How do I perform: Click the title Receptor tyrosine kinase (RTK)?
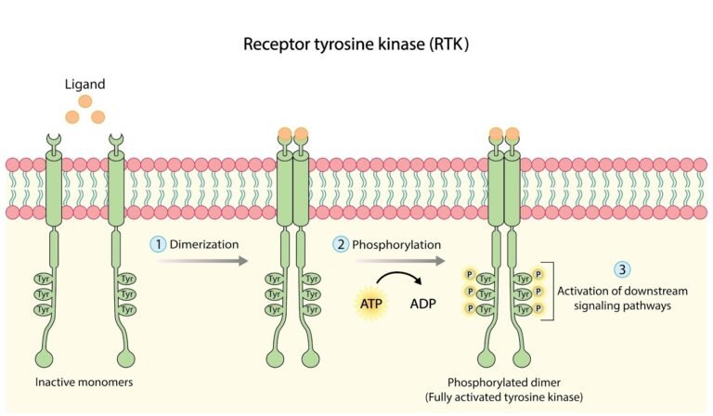(x=356, y=44)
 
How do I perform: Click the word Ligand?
(x=84, y=85)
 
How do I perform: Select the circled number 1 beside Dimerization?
(x=159, y=244)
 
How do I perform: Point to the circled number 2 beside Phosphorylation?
(x=341, y=244)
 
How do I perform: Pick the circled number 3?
(x=623, y=269)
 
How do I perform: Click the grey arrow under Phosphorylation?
(x=390, y=263)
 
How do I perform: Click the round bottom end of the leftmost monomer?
(x=44, y=357)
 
